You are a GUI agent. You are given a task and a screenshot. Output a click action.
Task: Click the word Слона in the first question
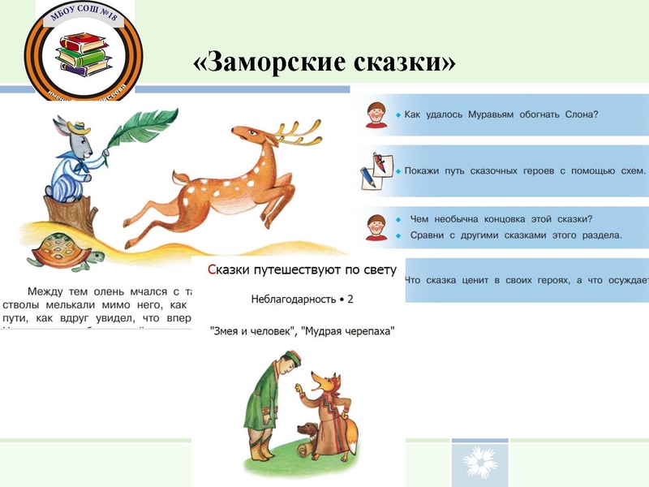tap(578, 114)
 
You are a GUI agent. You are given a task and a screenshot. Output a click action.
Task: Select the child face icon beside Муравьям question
tap(376, 114)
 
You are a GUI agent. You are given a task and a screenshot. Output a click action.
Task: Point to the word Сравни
tap(429, 235)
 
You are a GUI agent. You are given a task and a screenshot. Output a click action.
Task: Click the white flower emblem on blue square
tap(480, 463)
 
